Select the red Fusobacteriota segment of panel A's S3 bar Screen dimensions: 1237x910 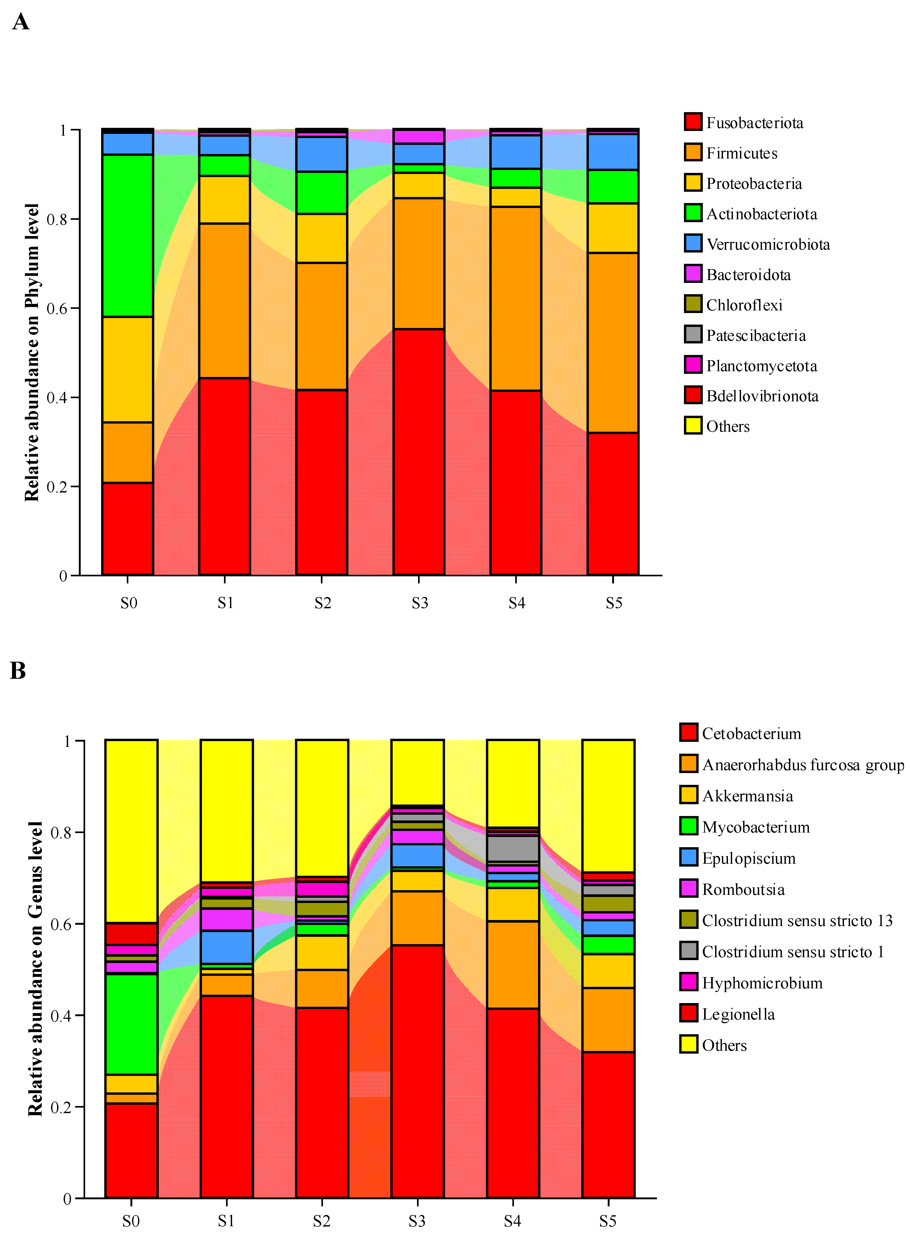point(419,452)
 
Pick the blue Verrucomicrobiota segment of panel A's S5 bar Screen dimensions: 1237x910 point(612,152)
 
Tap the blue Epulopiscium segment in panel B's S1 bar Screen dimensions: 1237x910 point(226,947)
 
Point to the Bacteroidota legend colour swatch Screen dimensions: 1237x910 point(693,274)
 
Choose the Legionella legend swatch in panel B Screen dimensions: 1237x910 point(689,1014)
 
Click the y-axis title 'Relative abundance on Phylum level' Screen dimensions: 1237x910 point(32,353)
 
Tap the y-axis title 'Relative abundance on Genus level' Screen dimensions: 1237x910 point(35,969)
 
